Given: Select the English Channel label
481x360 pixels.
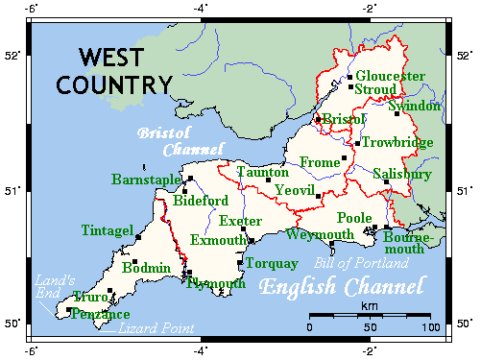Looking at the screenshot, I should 341,286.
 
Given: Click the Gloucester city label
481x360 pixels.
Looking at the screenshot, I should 390,76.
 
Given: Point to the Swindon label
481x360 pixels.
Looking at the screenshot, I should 415,106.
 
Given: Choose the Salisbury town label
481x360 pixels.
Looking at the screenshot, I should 401,175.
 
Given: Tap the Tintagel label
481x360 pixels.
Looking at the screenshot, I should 108,230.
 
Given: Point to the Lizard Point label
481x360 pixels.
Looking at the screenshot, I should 156,329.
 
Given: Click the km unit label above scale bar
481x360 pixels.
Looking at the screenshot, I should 369,305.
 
